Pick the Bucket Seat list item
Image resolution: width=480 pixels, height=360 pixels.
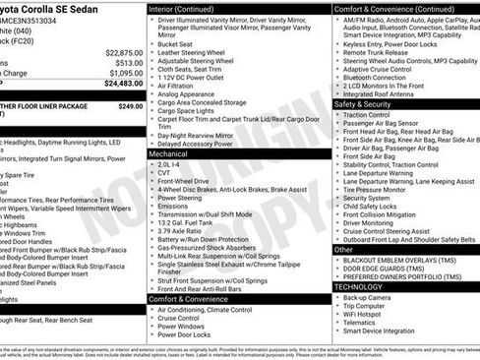175,43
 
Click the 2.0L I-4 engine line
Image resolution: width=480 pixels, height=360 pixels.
172,164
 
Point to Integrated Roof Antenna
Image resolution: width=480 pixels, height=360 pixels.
388,92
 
